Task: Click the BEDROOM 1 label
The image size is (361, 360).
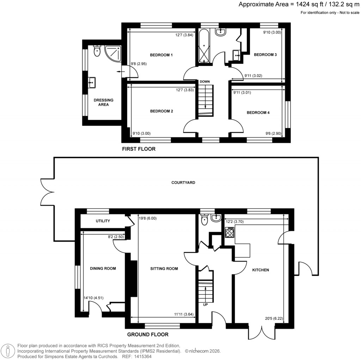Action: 161,55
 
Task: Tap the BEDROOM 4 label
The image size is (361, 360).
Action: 258,113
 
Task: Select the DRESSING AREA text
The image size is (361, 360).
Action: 103,102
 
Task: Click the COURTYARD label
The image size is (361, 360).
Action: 183,183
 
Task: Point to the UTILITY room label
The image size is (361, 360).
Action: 103,221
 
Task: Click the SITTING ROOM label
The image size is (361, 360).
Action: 164,269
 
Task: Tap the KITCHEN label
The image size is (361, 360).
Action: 261,270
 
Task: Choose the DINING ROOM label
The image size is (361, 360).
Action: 103,269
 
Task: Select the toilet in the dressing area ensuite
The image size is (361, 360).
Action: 97,52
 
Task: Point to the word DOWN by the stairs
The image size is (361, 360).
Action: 205,82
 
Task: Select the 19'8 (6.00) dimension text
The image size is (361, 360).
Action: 148,218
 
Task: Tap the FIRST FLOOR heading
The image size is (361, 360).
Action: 139,149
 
